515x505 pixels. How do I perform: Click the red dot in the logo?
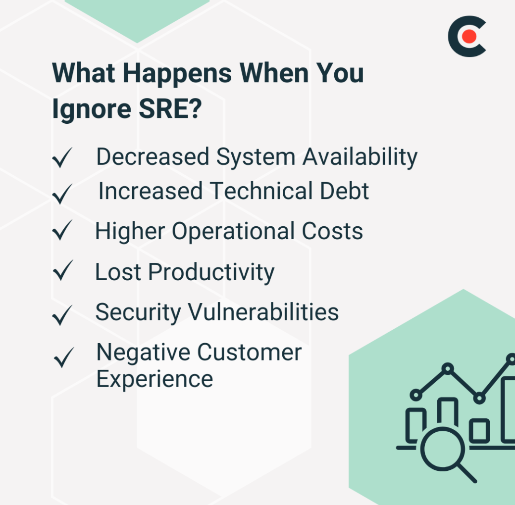469,36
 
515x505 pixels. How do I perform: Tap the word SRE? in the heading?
170,108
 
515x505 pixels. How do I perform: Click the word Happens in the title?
177,73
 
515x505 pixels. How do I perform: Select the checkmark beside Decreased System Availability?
62,157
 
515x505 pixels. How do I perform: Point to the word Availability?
360,157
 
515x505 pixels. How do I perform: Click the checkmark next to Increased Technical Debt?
62,194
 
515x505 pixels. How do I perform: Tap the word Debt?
345,191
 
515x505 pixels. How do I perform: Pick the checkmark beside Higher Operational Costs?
62,230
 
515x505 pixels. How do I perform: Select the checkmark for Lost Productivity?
63,270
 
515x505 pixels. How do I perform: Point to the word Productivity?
211,272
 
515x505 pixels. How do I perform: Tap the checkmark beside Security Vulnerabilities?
62,315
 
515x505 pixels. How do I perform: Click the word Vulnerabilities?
263,312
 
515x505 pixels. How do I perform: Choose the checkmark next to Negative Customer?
64,357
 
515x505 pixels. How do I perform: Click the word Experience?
154,380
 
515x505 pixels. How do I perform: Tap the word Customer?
250,353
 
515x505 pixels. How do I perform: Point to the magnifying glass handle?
467,473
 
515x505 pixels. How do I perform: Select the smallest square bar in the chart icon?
479,430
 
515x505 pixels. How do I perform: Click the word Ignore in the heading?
92,109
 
